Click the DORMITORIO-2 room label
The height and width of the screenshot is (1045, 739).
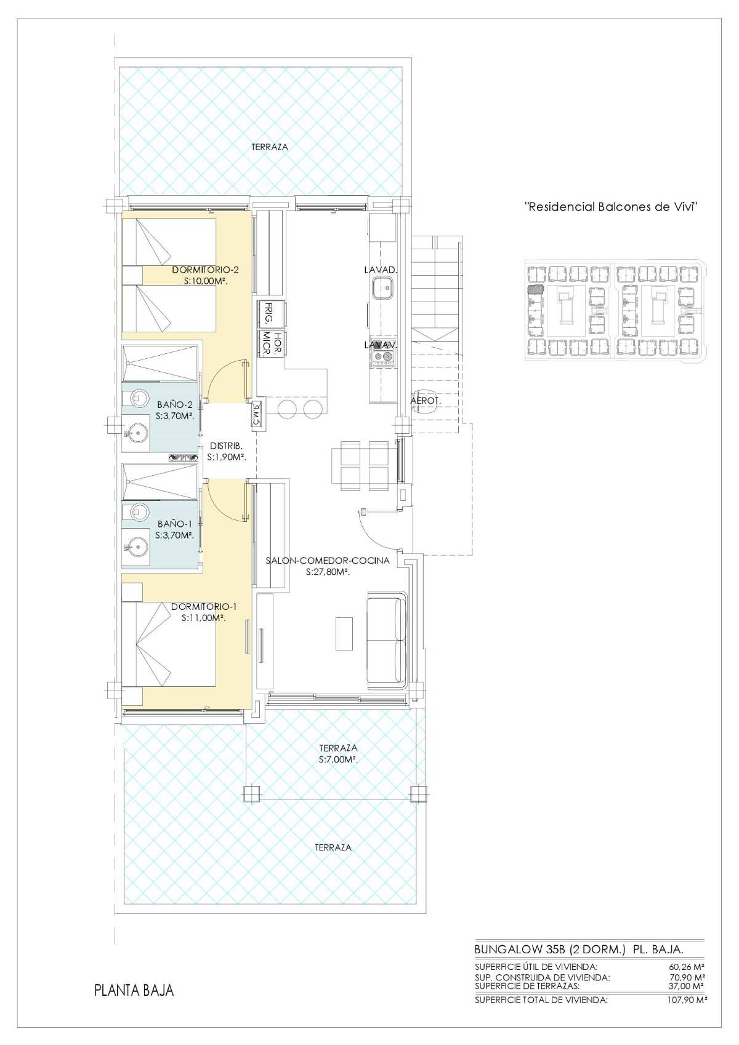pos(206,270)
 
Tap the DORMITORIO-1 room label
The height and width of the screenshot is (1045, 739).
pos(204,606)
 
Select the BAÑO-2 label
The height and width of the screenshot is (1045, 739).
pos(175,404)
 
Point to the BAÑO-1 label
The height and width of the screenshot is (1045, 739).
pos(175,524)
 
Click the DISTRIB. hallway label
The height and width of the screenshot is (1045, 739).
pos(227,446)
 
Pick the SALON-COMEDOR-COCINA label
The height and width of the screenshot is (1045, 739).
pos(327,560)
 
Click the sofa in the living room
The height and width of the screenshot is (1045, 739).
pos(387,639)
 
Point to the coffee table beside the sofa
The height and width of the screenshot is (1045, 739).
pos(344,633)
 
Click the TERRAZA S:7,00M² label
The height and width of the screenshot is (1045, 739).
pos(339,753)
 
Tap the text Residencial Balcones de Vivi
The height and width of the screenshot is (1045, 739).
pos(612,207)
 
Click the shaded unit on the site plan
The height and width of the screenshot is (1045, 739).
pos(535,290)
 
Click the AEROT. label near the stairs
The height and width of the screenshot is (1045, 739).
pos(426,400)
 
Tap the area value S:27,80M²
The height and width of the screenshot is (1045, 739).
pos(328,572)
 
